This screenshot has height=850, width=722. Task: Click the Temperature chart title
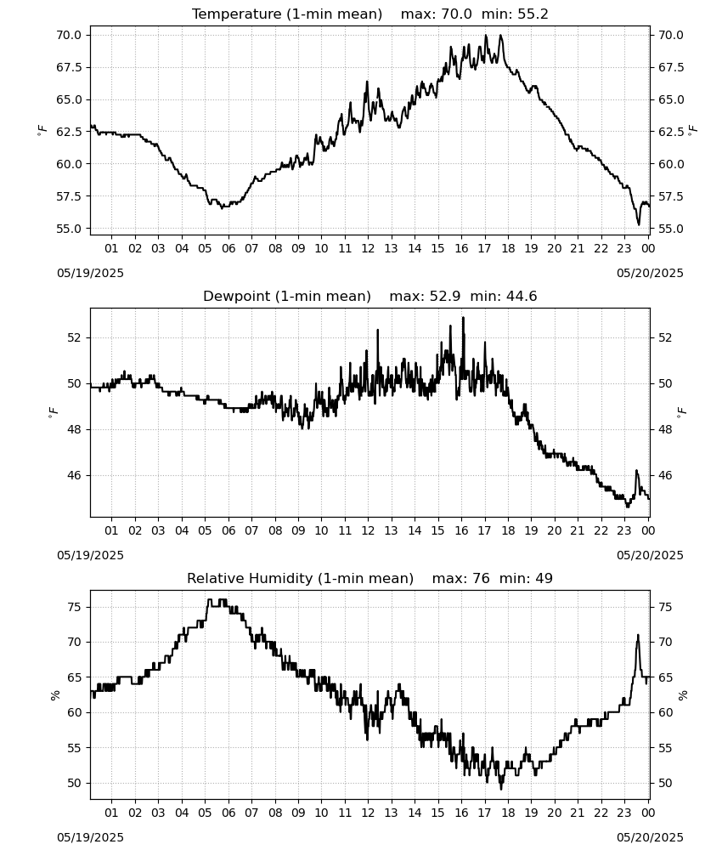click(x=370, y=14)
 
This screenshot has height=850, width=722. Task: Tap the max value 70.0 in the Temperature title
click(x=456, y=14)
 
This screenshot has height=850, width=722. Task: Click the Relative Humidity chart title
click(x=370, y=578)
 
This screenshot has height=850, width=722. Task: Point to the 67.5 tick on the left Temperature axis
click(x=69, y=67)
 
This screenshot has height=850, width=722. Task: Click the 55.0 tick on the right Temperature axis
click(x=671, y=229)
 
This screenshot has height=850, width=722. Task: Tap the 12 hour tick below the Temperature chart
click(x=368, y=248)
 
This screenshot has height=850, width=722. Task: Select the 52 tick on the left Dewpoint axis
click(x=75, y=337)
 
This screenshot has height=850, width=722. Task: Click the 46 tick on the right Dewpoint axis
click(x=665, y=475)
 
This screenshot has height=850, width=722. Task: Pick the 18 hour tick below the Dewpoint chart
click(x=507, y=530)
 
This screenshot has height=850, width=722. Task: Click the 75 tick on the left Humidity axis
click(x=75, y=607)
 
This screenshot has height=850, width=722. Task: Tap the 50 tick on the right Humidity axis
click(x=665, y=784)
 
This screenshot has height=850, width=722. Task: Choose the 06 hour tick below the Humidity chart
click(x=228, y=813)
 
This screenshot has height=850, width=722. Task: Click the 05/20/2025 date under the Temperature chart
click(x=650, y=273)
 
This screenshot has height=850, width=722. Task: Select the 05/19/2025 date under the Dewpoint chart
click(x=90, y=555)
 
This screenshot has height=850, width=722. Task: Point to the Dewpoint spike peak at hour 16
click(x=463, y=318)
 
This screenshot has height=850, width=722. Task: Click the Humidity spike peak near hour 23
click(x=638, y=635)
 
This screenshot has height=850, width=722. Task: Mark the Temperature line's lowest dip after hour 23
click(x=639, y=224)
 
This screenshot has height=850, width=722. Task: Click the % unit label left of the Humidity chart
click(x=54, y=695)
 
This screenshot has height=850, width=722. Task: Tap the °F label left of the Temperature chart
click(x=42, y=130)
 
